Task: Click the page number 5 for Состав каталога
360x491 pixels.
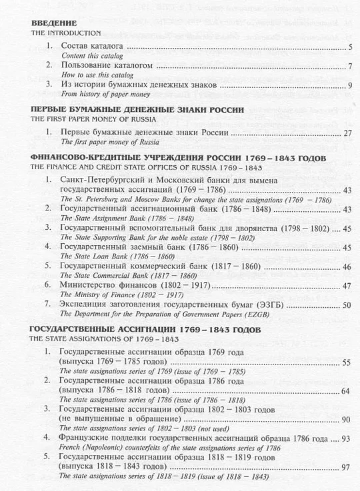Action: [x=350, y=47]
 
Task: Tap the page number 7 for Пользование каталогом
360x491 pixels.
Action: [x=350, y=67]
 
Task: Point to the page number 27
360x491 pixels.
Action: [x=347, y=134]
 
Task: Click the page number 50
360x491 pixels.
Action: [x=347, y=306]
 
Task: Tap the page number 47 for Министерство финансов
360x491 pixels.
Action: [x=347, y=286]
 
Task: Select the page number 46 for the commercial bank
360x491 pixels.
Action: [x=347, y=267]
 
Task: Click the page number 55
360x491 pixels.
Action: [x=347, y=362]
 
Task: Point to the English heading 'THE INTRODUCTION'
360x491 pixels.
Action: [x=67, y=33]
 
